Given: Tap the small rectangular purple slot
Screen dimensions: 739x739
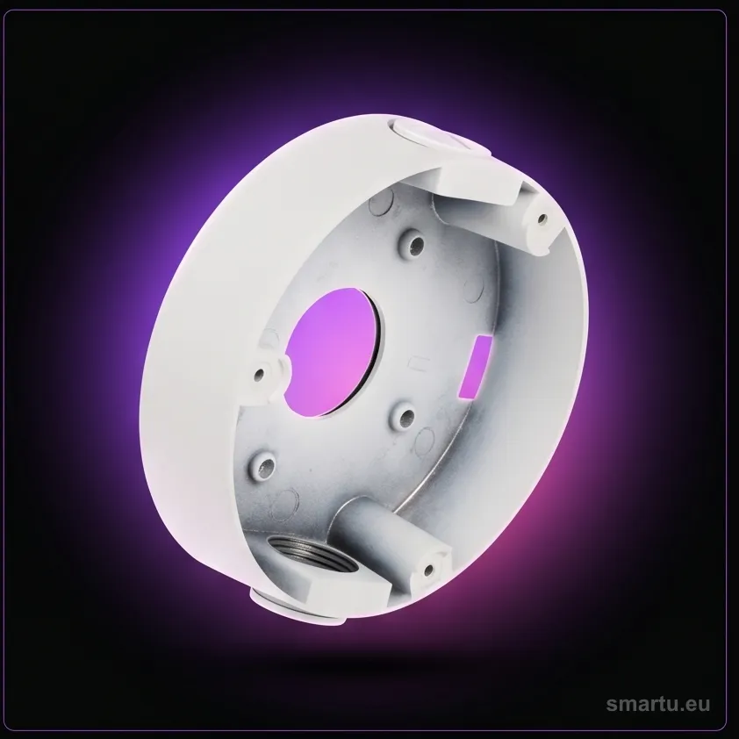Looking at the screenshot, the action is click(x=475, y=367).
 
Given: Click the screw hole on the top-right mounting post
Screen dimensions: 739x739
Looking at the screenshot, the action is click(x=543, y=219).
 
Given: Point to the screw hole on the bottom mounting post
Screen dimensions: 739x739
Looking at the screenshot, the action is click(x=428, y=570).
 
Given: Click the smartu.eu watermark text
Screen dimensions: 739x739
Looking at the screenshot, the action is click(x=657, y=704).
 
